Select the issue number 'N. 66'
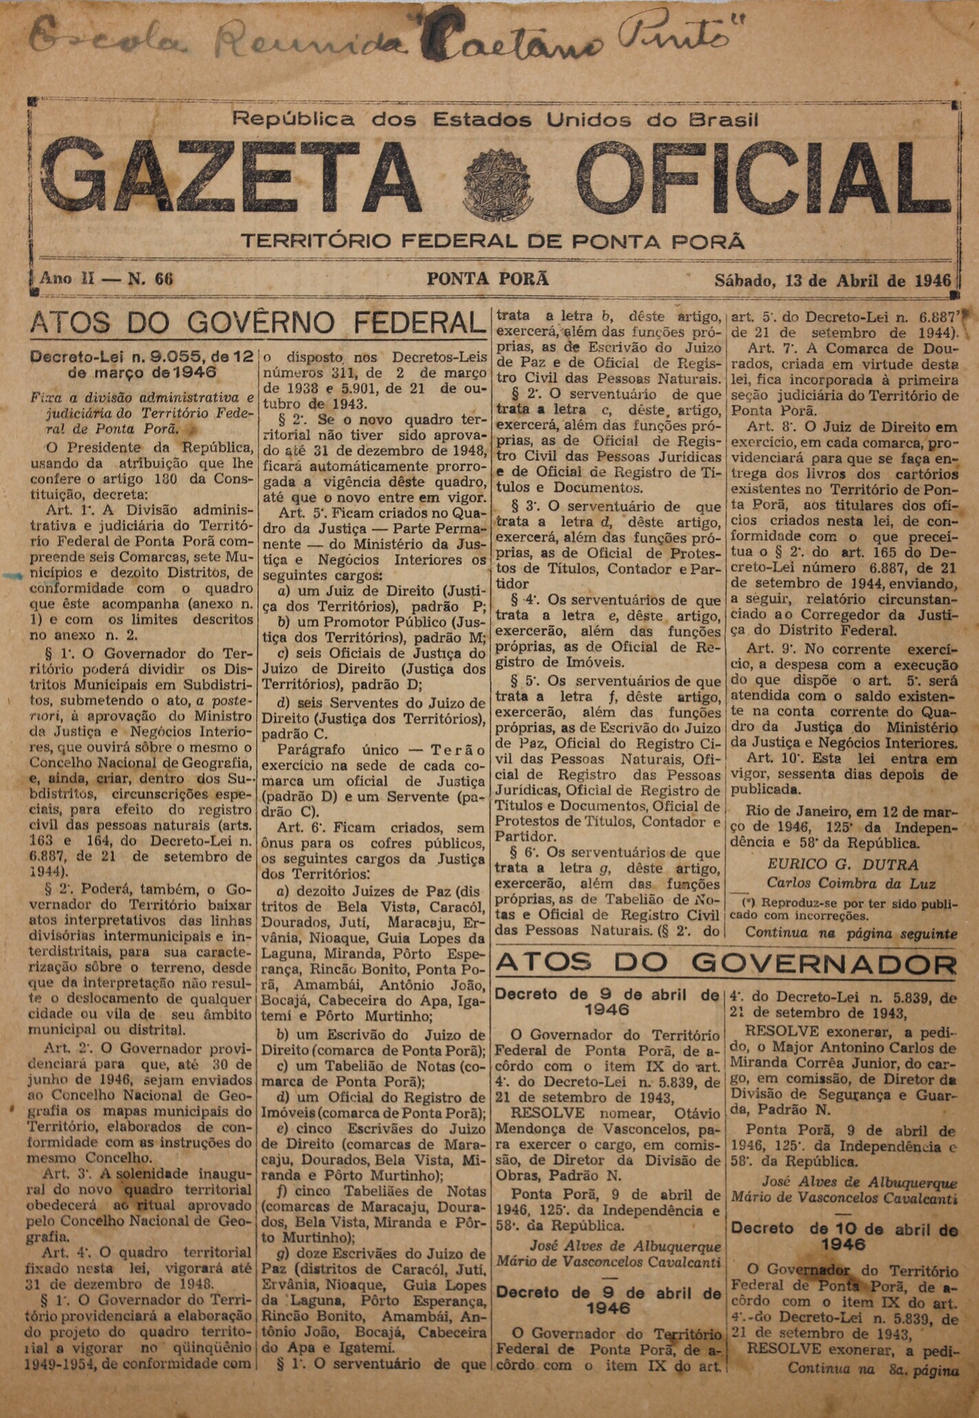click(x=151, y=279)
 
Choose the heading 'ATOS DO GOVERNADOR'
click(x=725, y=964)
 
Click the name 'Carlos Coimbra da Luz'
click(x=851, y=883)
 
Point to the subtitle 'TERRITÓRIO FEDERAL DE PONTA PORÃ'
click(x=493, y=241)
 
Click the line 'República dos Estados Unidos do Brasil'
click(x=495, y=120)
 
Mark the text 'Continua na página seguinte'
click(x=850, y=934)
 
